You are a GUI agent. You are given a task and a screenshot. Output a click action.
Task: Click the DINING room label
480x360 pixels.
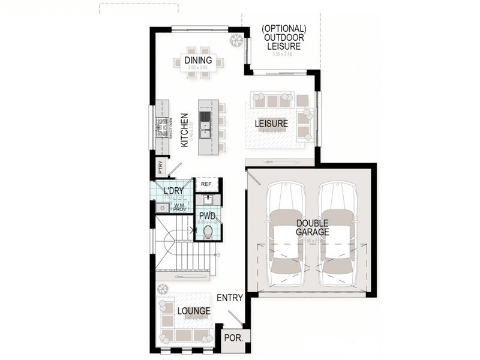198,60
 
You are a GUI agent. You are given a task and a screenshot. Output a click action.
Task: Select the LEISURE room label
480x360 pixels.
271,124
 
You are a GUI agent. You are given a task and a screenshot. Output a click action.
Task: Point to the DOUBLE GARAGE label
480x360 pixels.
312,228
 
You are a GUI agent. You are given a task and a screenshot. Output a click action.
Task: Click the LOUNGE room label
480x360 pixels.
193,311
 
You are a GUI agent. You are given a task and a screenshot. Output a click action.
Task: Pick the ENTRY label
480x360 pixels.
229,298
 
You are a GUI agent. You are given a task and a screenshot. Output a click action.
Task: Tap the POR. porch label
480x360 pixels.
233,337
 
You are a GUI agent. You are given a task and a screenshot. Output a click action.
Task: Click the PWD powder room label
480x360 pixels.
207,215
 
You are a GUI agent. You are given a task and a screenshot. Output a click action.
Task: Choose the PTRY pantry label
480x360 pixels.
160,166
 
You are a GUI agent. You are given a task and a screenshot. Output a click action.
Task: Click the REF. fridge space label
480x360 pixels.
207,184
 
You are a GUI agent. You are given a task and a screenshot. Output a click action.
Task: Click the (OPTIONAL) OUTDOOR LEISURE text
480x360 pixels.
284,37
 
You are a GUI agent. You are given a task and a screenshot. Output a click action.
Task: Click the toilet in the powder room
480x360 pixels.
208,231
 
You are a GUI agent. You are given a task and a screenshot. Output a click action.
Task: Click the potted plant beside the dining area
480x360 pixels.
237,40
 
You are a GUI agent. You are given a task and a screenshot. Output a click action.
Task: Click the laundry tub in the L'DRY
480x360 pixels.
161,208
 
